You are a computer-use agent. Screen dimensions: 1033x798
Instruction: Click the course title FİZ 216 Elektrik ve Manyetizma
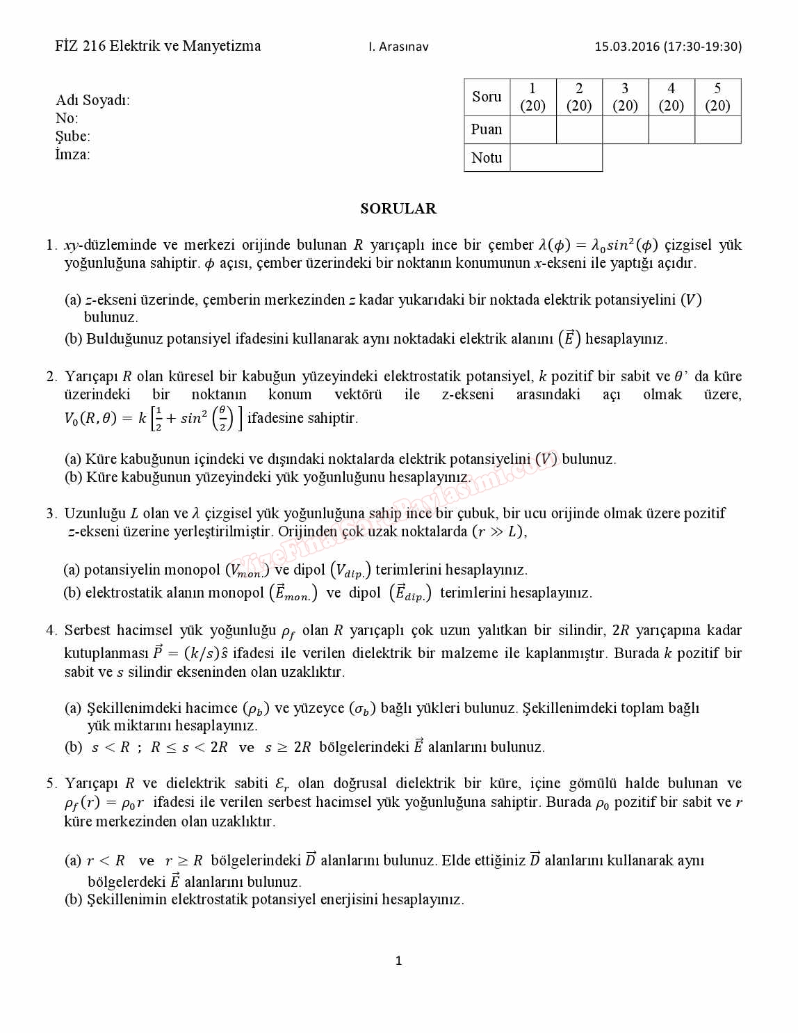[158, 46]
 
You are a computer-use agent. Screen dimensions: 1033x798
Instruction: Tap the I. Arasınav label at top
[398, 47]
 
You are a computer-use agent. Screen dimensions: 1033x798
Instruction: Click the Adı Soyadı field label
[92, 100]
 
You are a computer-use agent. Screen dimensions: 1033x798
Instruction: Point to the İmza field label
[72, 154]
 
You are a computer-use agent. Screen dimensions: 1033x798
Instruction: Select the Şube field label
[73, 136]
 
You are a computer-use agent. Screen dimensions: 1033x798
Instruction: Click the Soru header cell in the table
[487, 97]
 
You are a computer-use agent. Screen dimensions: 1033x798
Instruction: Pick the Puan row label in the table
[487, 129]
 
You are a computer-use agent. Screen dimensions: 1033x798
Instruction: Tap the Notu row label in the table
[487, 158]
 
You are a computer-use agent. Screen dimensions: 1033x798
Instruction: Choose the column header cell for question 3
[625, 97]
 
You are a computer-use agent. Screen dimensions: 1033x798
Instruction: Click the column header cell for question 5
[717, 97]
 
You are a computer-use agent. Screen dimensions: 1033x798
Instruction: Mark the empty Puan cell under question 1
[533, 129]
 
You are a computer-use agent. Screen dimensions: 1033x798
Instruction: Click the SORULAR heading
[398, 209]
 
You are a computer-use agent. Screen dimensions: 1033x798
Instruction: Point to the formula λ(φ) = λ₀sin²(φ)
[598, 245]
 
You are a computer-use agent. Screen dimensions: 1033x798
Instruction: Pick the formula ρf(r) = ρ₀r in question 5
[104, 802]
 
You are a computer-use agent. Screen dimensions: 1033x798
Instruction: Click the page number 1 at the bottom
[398, 961]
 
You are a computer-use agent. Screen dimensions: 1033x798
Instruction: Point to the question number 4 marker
[51, 630]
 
